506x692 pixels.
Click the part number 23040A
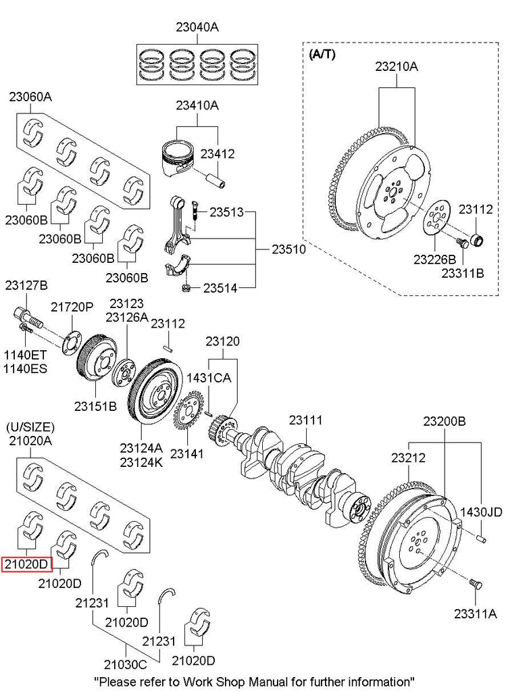point(198,28)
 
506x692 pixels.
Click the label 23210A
point(397,67)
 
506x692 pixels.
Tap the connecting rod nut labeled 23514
point(184,289)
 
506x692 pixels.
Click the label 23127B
point(26,285)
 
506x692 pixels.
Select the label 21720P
point(72,307)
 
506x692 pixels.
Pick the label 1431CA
point(209,378)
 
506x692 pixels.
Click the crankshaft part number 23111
point(306,420)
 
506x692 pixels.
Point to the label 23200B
point(445,420)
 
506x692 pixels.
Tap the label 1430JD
point(481,512)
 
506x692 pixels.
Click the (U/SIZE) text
point(30,428)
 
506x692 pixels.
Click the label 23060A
point(30,97)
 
